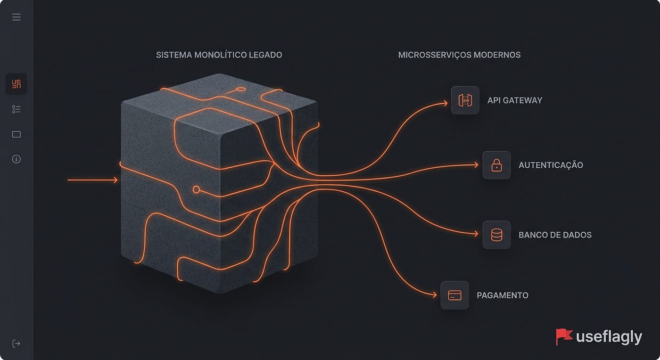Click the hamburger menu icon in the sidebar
click(x=16, y=17)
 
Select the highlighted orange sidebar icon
click(x=16, y=84)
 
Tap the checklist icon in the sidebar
click(x=16, y=109)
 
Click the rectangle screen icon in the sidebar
click(x=16, y=134)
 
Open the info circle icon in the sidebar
click(x=16, y=159)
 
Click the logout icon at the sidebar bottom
click(x=16, y=344)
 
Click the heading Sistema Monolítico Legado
click(x=219, y=55)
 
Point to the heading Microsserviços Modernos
click(x=459, y=55)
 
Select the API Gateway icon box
click(x=465, y=100)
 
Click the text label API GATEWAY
click(x=515, y=100)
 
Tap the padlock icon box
click(x=496, y=165)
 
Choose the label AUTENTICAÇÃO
click(x=551, y=165)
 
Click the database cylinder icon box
click(x=496, y=235)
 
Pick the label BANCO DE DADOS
click(x=555, y=235)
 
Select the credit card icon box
click(x=454, y=295)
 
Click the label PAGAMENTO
click(x=503, y=295)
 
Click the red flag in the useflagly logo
click(x=564, y=336)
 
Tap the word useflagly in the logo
click(x=609, y=337)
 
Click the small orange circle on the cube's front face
click(x=196, y=189)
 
